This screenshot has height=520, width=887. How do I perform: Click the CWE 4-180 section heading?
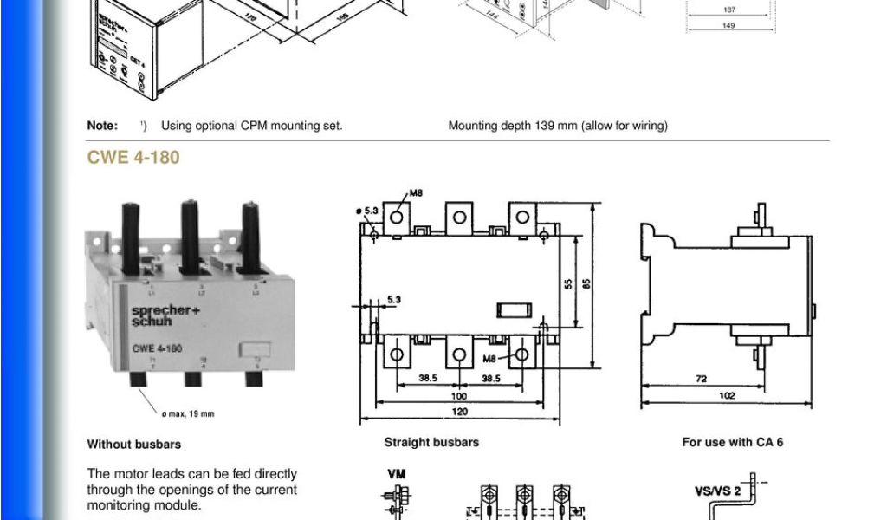[x=133, y=158]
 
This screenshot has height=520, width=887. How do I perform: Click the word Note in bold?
[x=102, y=126]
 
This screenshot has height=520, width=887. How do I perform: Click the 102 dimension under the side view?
[x=727, y=396]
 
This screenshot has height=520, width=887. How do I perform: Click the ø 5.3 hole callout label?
[x=366, y=211]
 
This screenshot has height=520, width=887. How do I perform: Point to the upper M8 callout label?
[x=416, y=193]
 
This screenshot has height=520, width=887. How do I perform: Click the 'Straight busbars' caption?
[x=431, y=442]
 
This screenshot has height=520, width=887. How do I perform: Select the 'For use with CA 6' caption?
[x=732, y=442]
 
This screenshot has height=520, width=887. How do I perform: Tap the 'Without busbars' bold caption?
[x=134, y=445]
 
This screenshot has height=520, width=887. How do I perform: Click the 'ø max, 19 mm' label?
[x=189, y=413]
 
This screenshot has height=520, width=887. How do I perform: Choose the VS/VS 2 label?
[x=717, y=491]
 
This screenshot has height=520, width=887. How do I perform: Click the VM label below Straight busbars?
[x=395, y=474]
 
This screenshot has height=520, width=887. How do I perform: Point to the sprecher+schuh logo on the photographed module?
[x=152, y=315]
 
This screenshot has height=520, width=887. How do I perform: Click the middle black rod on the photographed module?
[x=190, y=237]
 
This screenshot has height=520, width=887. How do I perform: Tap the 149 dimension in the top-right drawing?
[x=729, y=25]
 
